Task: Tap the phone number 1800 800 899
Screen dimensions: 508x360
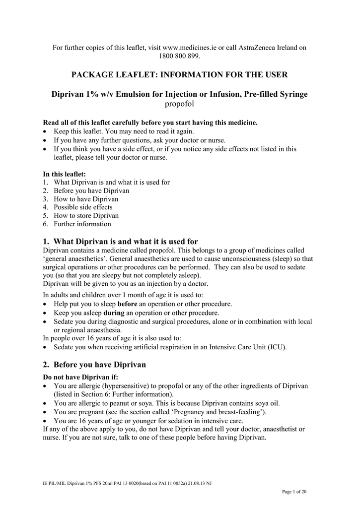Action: pyautogui.click(x=180, y=56)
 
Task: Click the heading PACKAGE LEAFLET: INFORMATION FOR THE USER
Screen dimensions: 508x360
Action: pyautogui.click(x=180, y=75)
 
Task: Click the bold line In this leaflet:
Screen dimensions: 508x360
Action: pyautogui.click(x=65, y=174)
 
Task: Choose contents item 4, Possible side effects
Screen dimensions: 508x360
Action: pyautogui.click(x=83, y=207)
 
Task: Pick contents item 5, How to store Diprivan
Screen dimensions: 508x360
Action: pyautogui.click(x=86, y=216)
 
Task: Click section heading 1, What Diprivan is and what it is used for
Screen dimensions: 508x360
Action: pyautogui.click(x=121, y=242)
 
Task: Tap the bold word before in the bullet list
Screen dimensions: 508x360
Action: pyautogui.click(x=127, y=304)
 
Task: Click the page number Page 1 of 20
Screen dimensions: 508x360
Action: pyautogui.click(x=294, y=492)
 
